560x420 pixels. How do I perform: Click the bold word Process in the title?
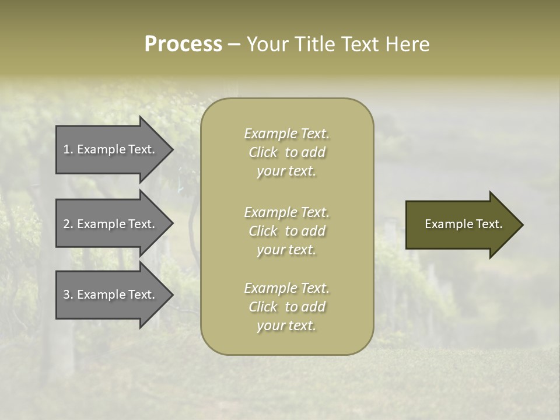[x=183, y=44]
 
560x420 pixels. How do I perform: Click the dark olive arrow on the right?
[x=461, y=225]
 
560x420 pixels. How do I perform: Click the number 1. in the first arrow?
[x=68, y=149]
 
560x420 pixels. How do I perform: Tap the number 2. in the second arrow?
[x=68, y=224]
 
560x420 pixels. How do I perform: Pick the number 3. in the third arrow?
[x=68, y=295]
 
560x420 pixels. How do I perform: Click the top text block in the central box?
[x=286, y=152]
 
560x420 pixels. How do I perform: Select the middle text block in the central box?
[x=286, y=231]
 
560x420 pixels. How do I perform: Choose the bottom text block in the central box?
[x=286, y=307]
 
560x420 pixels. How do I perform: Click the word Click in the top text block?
[x=263, y=152]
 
